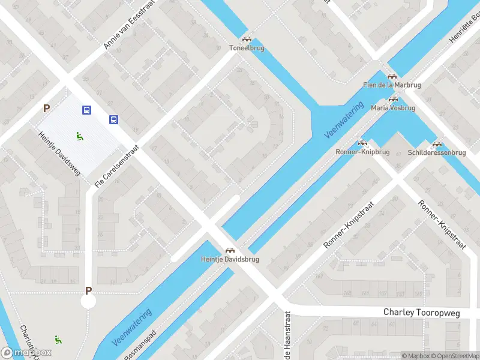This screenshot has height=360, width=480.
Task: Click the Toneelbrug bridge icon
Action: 247,39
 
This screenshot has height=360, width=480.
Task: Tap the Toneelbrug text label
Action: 247,48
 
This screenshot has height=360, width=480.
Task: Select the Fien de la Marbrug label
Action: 392,85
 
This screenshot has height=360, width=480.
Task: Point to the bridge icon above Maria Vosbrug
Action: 393,99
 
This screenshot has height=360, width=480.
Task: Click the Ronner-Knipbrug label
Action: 362,152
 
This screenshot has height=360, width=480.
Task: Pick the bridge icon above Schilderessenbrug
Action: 437,144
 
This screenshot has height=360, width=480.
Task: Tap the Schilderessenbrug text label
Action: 437,153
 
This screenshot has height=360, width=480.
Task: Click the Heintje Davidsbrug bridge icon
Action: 229,250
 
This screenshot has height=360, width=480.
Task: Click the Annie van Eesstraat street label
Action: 129,25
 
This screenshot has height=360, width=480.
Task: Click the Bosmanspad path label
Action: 140,344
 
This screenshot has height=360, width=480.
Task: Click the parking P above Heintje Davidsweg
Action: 46,109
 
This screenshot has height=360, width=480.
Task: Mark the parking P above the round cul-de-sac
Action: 88,291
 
